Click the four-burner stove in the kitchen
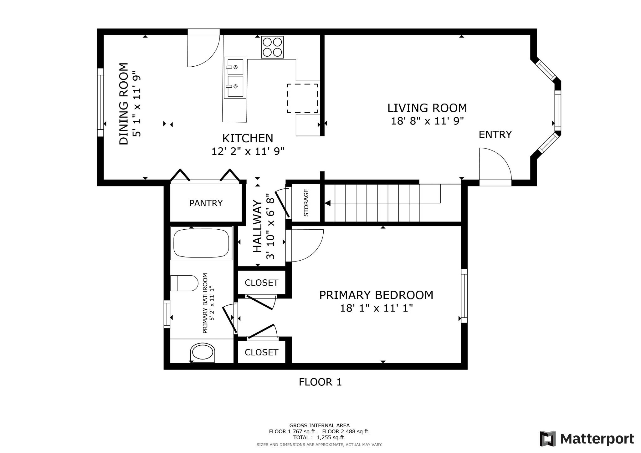pos(272,47)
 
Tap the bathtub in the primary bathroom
pos(201,243)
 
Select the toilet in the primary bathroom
pos(184,283)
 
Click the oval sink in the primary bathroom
pos(203,353)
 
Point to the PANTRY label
pos(206,203)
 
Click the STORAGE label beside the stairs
pos(306,203)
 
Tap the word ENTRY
pos(495,135)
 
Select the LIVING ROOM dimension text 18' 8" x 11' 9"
pos(427,121)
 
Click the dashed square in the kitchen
pos(302,98)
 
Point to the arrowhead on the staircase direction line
pos(327,203)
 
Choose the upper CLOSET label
pos(261,283)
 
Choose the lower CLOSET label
pos(261,353)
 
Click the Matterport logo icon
pos(547,439)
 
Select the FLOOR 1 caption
pos(320,382)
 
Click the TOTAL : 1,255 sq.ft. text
pos(319,438)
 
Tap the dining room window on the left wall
pos(100,102)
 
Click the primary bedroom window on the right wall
pos(464,296)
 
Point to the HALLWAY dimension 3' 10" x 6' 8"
pos(270,226)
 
